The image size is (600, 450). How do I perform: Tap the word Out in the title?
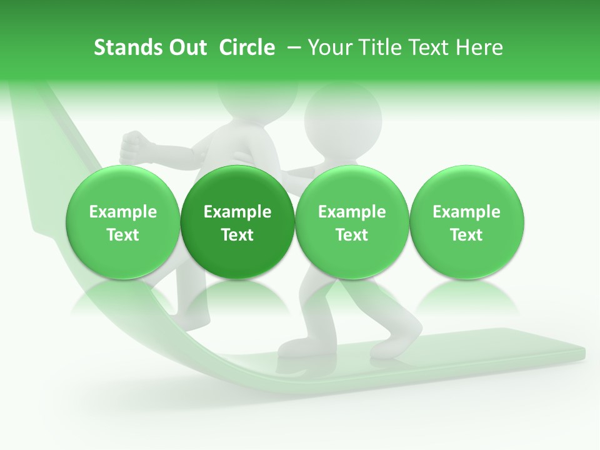tap(186, 47)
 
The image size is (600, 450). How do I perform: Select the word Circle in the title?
tap(247, 47)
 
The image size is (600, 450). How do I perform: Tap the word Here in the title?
tap(479, 47)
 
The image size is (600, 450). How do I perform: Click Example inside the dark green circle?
tap(237, 212)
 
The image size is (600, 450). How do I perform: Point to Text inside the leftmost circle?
tap(123, 235)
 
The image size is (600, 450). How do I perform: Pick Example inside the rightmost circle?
tap(467, 212)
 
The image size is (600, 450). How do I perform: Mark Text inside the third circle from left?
tap(352, 235)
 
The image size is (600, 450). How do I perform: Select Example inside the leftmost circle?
tap(123, 212)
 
